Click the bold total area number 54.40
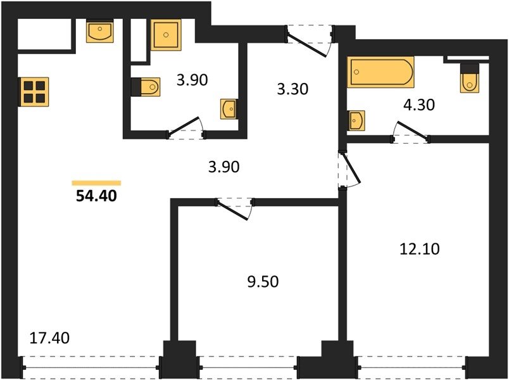[96, 196]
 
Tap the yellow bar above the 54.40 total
[96, 183]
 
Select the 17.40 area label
[49, 338]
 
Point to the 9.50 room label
[263, 282]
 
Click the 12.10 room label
[420, 249]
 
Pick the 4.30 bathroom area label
[419, 105]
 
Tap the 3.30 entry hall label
[292, 89]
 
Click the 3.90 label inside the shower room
[192, 80]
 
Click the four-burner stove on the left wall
[34, 92]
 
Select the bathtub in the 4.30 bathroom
[380, 72]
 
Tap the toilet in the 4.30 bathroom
[469, 79]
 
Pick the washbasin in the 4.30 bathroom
[356, 120]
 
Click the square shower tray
[166, 35]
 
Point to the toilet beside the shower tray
[146, 87]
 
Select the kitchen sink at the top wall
[100, 31]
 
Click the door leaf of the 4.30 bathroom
[412, 130]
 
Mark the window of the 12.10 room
[413, 368]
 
